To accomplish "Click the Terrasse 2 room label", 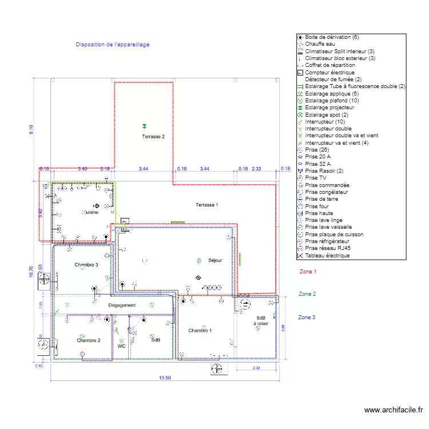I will click(x=153, y=137).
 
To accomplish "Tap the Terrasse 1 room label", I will click(x=206, y=205).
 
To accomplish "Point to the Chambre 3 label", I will click(x=86, y=265).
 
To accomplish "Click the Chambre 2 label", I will click(x=89, y=340).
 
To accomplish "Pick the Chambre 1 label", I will click(x=200, y=331).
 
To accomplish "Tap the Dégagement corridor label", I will click(x=122, y=305).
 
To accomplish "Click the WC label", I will click(x=121, y=347).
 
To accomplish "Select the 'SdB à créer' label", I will click(x=261, y=320).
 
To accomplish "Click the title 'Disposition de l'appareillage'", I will click(x=113, y=44).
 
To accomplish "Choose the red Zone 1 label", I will click(x=307, y=272).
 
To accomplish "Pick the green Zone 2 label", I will click(x=307, y=294).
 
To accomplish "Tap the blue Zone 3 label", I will click(x=307, y=317).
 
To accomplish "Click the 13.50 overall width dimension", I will click(x=165, y=378).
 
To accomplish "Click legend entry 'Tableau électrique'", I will click(x=327, y=256).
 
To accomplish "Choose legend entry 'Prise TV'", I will click(x=316, y=178).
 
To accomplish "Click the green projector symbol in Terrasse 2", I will click(x=144, y=126).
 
